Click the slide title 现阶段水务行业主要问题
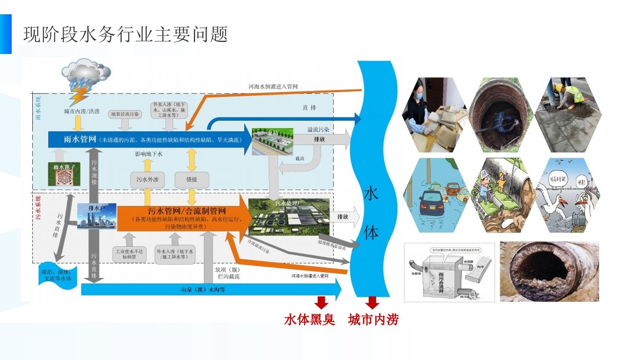(126, 35)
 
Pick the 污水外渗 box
(148, 180)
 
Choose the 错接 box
(191, 180)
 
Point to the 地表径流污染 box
(124, 114)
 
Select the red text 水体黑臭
(310, 320)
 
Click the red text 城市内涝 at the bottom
(373, 320)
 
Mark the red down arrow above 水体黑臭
(321, 302)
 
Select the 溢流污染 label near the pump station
(318, 129)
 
